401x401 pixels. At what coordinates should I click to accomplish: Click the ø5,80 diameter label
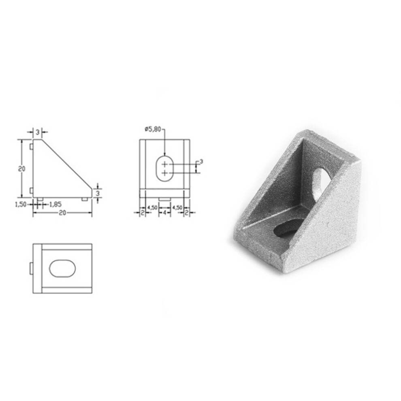pos(153,129)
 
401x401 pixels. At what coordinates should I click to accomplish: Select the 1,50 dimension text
pos(21,204)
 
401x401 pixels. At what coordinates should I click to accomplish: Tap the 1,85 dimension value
pos(55,204)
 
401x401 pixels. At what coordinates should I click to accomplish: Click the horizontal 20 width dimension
pos(62,213)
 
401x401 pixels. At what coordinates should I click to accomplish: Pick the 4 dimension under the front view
pos(165,213)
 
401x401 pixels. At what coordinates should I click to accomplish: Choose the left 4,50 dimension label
pos(153,208)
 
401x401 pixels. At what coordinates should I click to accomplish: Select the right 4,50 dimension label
pos(177,208)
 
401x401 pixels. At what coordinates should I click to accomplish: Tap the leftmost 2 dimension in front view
pos(143,213)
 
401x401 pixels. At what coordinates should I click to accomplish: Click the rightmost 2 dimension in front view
pos(187,213)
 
